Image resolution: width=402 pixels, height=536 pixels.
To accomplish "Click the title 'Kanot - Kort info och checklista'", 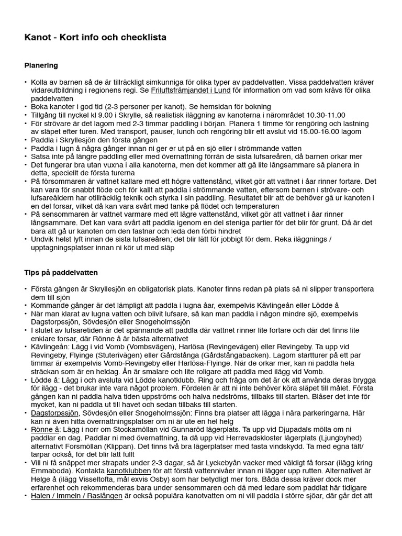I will coord(95,38).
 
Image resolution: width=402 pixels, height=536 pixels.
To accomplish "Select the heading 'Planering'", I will coord(41,65).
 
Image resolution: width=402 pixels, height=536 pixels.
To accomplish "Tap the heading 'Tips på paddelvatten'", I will coord(61,273).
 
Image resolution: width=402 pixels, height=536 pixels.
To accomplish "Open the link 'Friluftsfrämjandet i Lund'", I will coord(191,91).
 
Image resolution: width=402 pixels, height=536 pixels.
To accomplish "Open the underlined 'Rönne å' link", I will coord(46,429).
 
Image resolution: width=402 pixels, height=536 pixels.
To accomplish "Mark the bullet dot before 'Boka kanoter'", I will coord(26,107).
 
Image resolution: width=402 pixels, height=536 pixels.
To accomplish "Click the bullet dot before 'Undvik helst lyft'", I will coord(26,240).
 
